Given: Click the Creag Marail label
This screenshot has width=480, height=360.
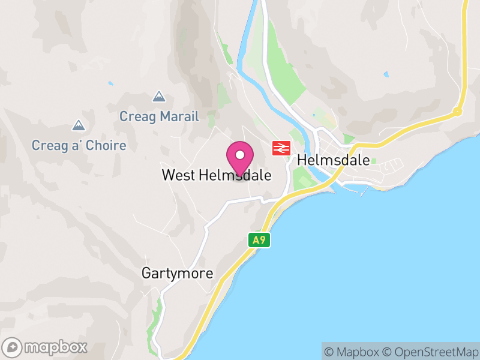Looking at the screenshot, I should click(x=159, y=116).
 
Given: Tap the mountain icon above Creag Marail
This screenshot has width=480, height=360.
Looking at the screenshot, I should click(x=159, y=96).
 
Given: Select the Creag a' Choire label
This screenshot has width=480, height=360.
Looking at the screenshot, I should click(x=79, y=145).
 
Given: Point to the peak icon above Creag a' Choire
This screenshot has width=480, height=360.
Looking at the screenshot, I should click(x=78, y=125).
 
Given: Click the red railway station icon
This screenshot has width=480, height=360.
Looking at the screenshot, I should click(x=281, y=148).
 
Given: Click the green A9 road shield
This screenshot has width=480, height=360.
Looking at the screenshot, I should click(x=259, y=240).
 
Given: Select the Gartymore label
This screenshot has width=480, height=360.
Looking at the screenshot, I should click(x=177, y=274).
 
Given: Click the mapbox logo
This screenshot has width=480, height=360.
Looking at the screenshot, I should click(x=46, y=347).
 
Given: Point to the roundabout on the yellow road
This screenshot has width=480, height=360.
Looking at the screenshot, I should click(x=457, y=111).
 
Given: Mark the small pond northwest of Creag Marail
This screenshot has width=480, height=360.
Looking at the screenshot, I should click(x=110, y=83).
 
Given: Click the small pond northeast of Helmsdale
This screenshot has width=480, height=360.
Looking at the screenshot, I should click(x=386, y=75).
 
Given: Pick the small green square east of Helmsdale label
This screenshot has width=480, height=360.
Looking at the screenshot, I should click(x=374, y=161).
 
